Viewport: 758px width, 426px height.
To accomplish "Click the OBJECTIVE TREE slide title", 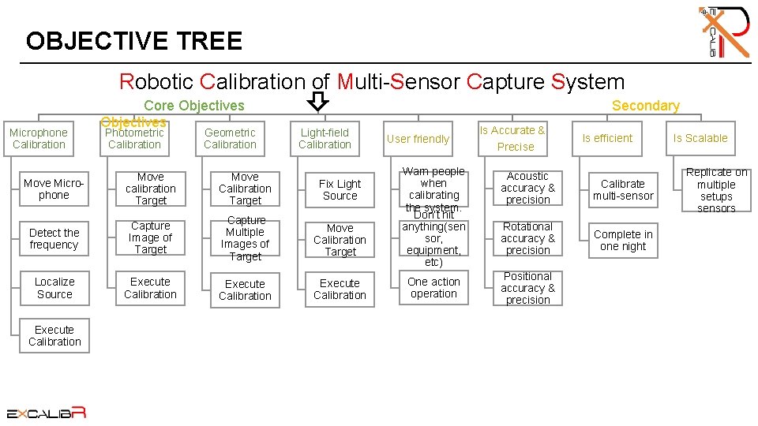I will click(133, 40).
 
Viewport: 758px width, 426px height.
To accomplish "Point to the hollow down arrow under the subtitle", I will click(317, 101).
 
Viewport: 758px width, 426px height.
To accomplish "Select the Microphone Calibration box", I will click(39, 139).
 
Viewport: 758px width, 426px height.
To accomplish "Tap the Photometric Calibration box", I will click(134, 139).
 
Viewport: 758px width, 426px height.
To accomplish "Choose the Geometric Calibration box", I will click(230, 139).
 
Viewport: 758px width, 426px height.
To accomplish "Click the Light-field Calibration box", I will click(325, 139).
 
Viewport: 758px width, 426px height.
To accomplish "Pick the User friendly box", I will click(418, 139).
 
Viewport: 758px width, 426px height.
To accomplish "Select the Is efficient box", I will click(607, 138).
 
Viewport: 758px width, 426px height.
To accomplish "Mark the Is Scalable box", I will click(700, 138).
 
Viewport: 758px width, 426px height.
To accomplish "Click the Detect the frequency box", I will click(54, 239).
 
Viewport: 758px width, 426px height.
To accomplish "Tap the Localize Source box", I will click(54, 288).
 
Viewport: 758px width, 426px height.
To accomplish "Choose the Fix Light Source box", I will click(340, 189).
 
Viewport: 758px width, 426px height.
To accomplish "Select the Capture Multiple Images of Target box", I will click(245, 238).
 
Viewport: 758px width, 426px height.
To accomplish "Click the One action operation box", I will click(433, 288).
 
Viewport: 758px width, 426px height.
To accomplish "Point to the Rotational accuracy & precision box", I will click(528, 238).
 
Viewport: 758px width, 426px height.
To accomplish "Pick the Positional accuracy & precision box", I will click(528, 288).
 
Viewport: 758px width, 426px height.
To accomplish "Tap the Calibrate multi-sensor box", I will click(623, 189).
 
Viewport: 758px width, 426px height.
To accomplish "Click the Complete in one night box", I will click(623, 240).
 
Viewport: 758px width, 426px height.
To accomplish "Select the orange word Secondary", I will click(645, 106).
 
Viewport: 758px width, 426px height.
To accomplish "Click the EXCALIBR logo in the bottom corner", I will click(46, 412).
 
